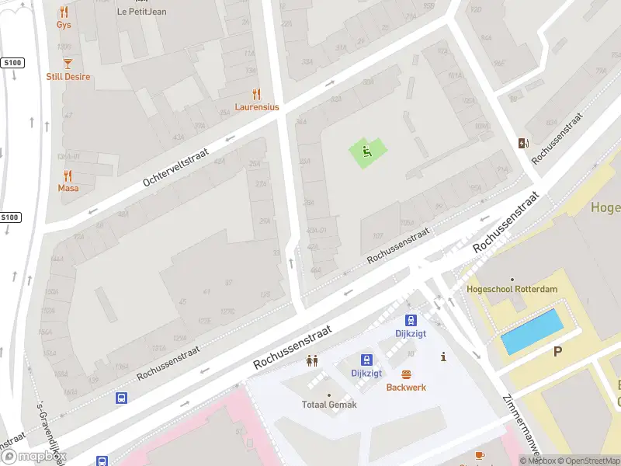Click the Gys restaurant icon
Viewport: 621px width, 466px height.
[x=64, y=12]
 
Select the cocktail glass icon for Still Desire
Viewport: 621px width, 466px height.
[x=68, y=63]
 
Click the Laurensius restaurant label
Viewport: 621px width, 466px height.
[x=257, y=107]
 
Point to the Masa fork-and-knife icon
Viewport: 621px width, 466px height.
[x=68, y=176]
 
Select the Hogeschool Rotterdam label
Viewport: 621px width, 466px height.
[x=512, y=289]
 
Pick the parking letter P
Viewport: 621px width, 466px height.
[x=557, y=352]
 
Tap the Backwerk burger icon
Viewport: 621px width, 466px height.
[x=406, y=374]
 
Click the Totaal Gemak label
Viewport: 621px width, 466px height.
[x=329, y=405]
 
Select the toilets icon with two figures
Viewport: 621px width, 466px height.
[x=312, y=360]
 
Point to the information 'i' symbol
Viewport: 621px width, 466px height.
[x=443, y=357]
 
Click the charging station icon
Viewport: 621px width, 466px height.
[x=523, y=142]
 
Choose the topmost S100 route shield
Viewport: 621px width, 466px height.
[x=11, y=62]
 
